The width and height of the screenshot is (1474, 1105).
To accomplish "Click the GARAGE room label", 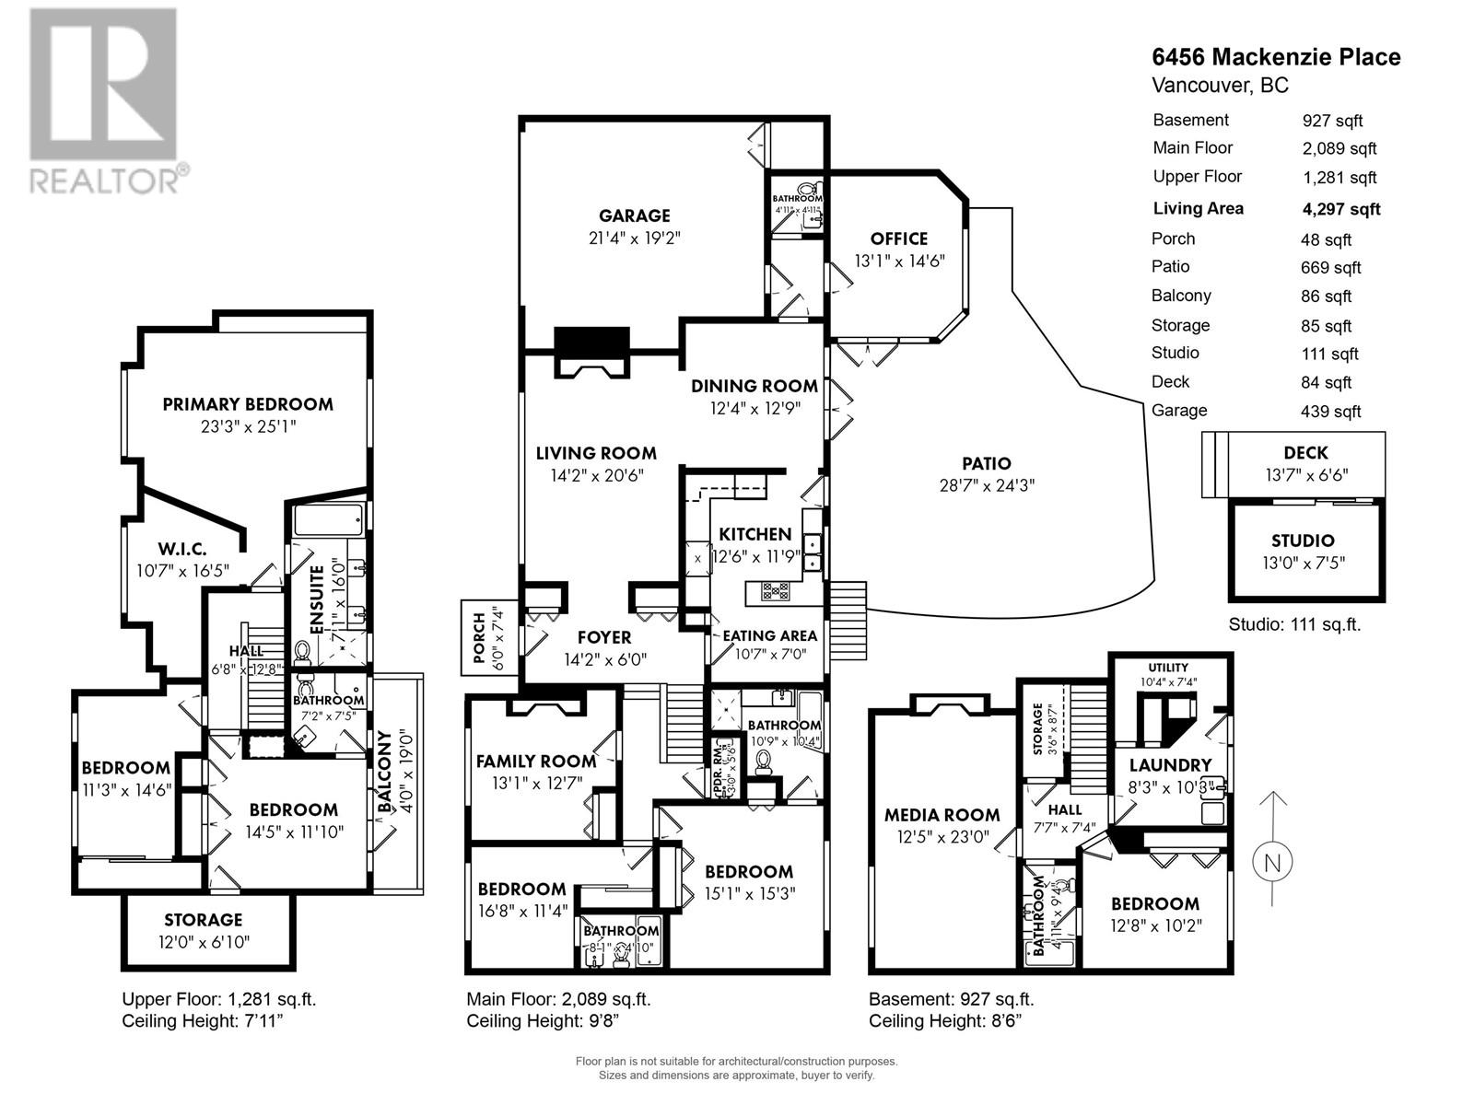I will click(634, 216).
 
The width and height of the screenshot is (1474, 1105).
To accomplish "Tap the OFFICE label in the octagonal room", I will click(898, 238).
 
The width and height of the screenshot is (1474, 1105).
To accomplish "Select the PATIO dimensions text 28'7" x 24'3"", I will click(987, 485).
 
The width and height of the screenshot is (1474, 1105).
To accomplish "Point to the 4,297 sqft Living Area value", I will click(1340, 209).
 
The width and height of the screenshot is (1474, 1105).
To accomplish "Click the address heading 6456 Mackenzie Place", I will click(1276, 57).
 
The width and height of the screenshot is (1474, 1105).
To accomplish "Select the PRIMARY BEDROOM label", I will click(248, 404).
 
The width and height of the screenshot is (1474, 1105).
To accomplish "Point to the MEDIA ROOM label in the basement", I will click(942, 815).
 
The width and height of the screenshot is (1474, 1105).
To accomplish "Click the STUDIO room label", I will click(1303, 541).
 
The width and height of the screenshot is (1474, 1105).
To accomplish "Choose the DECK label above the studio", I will click(1305, 453).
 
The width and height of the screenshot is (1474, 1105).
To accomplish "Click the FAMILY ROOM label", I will click(535, 762).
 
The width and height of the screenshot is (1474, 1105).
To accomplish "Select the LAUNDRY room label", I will click(1170, 765).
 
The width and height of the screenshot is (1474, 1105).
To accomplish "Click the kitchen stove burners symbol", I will click(775, 591).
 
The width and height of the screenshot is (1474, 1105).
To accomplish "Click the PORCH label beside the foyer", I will click(478, 637).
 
